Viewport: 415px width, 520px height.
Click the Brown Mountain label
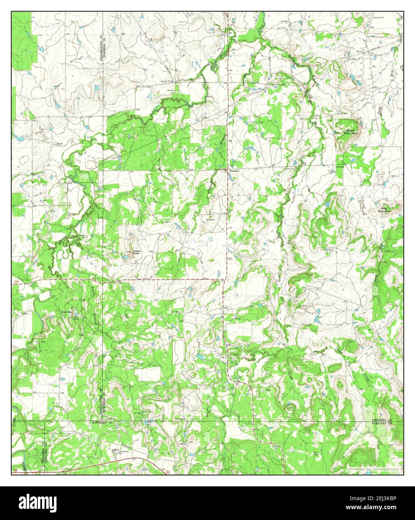(351, 132)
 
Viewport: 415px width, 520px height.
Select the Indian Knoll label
(135, 252)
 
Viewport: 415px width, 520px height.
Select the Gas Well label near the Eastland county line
(180, 419)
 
